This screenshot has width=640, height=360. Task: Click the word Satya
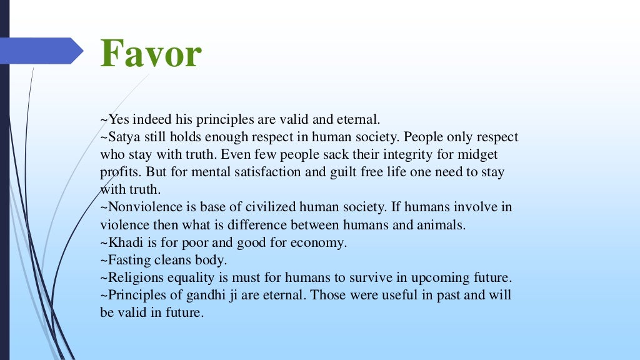(122, 136)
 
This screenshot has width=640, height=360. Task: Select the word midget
(480, 154)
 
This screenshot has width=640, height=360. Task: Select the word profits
(118, 171)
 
